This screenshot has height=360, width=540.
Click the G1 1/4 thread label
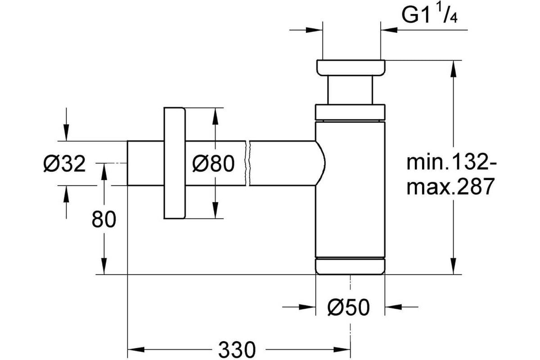pos(429,15)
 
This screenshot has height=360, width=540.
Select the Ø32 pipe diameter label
pos(65,164)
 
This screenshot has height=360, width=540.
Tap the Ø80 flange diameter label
pos(213,164)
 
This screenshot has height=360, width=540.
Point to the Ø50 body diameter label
pos(349,307)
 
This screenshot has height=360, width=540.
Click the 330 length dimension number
pos(237,350)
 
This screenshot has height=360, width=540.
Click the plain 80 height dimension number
pos(104,219)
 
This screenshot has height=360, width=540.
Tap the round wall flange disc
pos(174,163)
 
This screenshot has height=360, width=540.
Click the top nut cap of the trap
pos(351,68)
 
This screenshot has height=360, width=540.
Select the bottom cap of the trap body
pos(351,266)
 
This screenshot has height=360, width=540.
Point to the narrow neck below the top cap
pos(350,90)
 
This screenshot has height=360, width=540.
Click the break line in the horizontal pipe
pos(247,163)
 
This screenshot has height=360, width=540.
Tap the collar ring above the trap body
pos(350,112)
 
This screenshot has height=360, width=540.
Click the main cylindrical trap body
pos(350,189)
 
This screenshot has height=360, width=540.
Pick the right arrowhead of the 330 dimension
pos(342,349)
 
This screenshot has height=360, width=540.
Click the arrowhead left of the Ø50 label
pos(307,307)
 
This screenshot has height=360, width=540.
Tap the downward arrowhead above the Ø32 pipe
pos(66,132)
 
